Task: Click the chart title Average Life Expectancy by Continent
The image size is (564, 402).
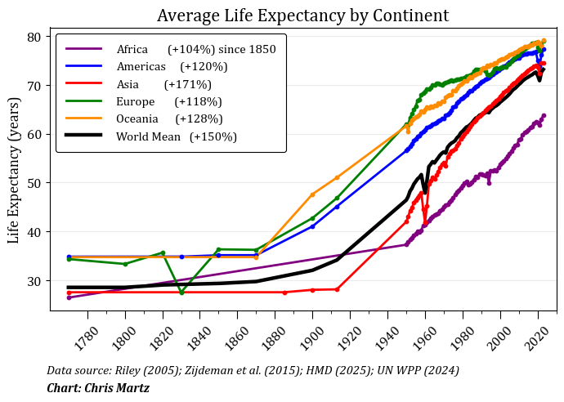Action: (x=302, y=16)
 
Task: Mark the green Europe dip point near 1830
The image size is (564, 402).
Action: (x=181, y=293)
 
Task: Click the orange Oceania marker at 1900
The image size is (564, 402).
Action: (x=312, y=194)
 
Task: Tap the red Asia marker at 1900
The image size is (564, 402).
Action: (x=312, y=290)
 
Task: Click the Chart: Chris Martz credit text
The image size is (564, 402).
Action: (x=98, y=387)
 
